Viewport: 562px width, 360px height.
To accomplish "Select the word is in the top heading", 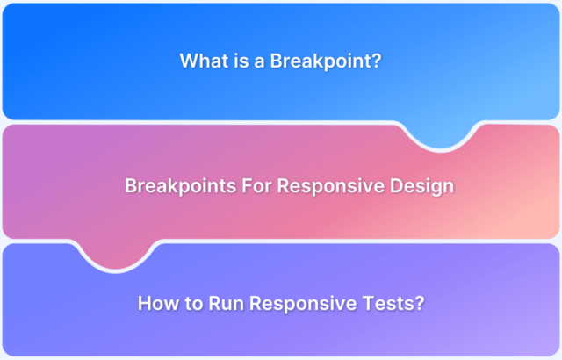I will pyautogui.click(x=238, y=61).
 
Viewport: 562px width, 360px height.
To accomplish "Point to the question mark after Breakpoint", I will pyautogui.click(x=377, y=61).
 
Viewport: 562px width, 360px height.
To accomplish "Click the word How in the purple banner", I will pyautogui.click(x=157, y=304).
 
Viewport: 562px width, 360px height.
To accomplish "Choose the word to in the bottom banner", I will pyautogui.click(x=193, y=304).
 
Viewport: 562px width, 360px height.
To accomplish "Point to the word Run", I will pyautogui.click(x=227, y=304).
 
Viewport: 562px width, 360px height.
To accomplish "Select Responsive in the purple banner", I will pyautogui.click(x=304, y=304).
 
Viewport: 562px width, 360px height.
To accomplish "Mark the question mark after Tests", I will pyautogui.click(x=419, y=304).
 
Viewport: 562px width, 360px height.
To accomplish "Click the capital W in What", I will pyautogui.click(x=188, y=61).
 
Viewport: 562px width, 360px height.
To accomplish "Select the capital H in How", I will pyautogui.click(x=145, y=304).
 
